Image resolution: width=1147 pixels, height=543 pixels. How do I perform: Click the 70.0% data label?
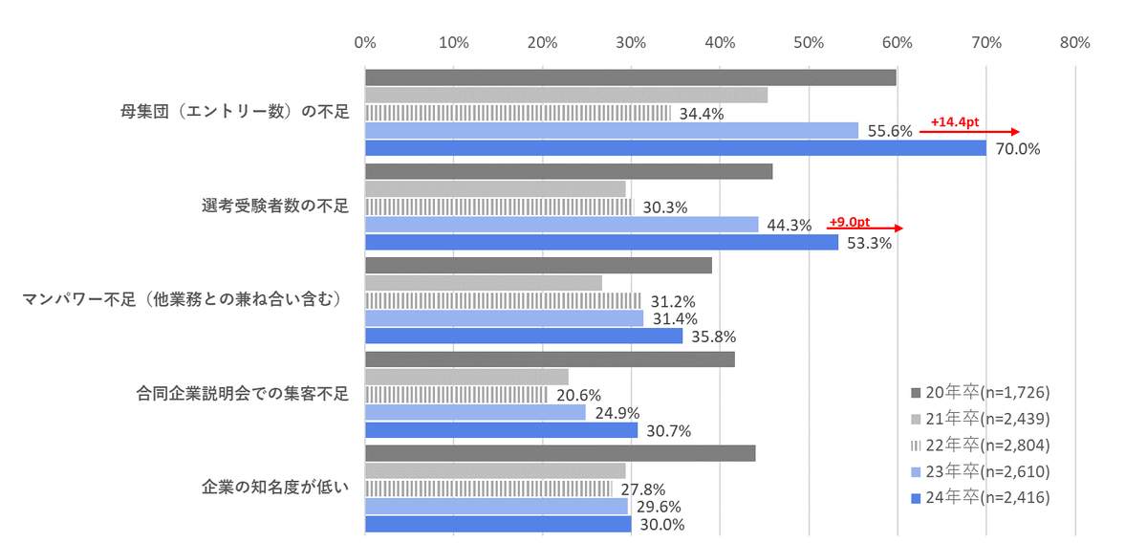(x=1018, y=149)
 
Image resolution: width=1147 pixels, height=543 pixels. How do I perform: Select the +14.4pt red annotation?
(x=955, y=122)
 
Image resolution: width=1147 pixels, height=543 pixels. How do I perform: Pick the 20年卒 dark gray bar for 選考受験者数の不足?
(x=569, y=171)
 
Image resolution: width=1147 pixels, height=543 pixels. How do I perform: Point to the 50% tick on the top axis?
(x=809, y=42)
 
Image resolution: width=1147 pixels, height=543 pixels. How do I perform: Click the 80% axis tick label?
(x=1075, y=42)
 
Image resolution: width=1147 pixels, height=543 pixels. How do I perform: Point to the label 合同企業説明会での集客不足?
(x=244, y=393)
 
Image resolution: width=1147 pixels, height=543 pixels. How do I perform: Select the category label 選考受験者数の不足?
(x=275, y=206)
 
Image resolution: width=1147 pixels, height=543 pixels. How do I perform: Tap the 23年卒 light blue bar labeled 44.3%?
(x=561, y=225)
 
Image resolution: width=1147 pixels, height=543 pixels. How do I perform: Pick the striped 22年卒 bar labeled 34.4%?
(x=517, y=113)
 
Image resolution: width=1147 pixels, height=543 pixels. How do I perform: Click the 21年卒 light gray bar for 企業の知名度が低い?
(x=495, y=470)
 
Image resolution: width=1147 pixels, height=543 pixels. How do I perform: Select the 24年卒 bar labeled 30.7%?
(x=501, y=430)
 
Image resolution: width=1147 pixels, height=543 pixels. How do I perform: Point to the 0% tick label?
(x=364, y=42)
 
